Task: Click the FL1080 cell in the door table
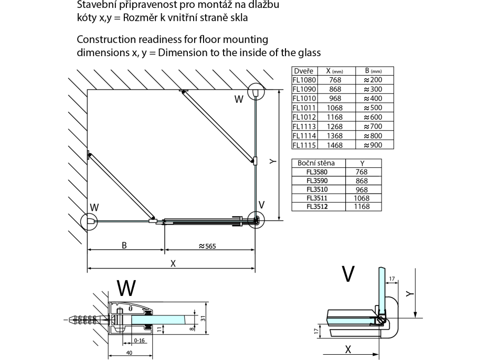click(x=303, y=80)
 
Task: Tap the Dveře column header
click(x=303, y=71)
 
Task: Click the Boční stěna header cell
click(x=316, y=163)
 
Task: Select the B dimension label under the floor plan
click(x=124, y=245)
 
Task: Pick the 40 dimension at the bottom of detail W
click(x=129, y=353)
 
